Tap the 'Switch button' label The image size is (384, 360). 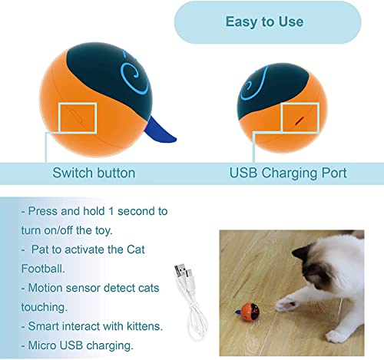coord(93,173)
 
